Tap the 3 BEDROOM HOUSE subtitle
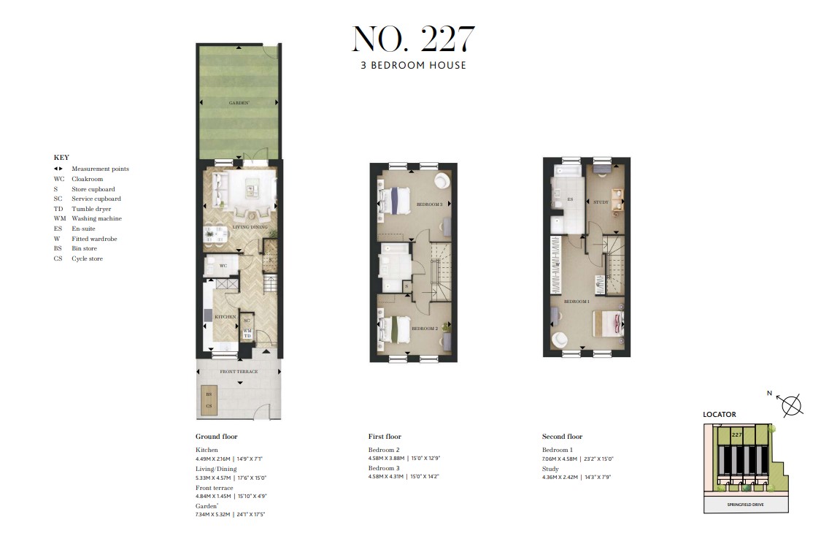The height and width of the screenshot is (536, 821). (413, 65)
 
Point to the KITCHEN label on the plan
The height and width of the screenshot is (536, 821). (225, 316)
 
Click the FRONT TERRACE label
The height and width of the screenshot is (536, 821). (238, 372)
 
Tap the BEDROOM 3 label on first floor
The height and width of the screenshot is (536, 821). (429, 204)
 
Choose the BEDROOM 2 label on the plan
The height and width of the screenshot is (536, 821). (424, 329)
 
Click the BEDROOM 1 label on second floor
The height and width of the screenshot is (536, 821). (576, 301)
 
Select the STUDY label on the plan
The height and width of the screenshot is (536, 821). (601, 202)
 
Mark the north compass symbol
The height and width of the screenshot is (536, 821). (792, 404)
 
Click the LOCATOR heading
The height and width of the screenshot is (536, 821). (720, 414)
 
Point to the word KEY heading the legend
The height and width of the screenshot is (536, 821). (61, 157)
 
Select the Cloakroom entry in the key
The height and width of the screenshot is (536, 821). (87, 179)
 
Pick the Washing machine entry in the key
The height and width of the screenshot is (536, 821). (96, 218)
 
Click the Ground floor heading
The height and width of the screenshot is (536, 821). (217, 437)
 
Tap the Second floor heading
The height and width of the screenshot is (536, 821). (562, 437)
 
